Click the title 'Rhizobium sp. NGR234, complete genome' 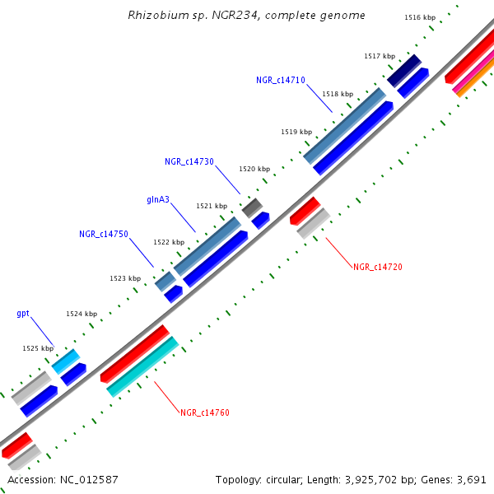247,16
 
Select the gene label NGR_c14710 281,80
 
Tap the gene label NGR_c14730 189,162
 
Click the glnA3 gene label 158,199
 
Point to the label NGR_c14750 104,235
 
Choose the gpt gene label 23,314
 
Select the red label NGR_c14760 204,412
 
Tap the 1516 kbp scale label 420,17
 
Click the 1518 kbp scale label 338,94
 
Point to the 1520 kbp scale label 254,169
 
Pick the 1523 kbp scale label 124,278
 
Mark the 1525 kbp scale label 37,349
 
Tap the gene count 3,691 472,479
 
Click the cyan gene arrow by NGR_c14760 142,366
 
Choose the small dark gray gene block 252,207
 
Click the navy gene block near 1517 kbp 404,72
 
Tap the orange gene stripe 471,85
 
